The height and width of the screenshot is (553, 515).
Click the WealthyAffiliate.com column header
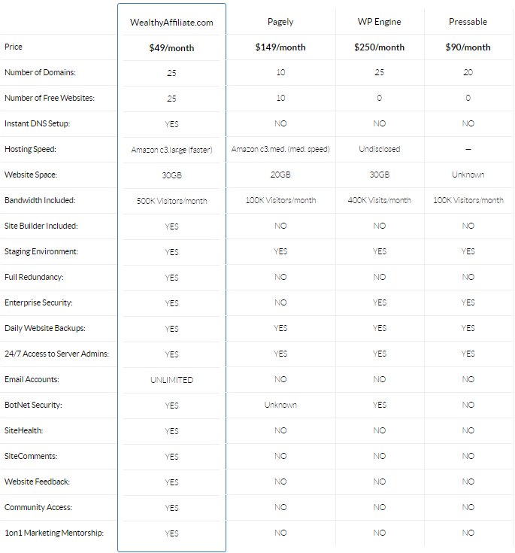pos(171,23)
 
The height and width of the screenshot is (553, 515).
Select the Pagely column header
pos(280,23)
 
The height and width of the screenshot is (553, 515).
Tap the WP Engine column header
pos(380,23)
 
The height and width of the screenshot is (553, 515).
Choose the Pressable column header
pos(468,23)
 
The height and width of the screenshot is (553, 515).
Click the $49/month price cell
pos(171,47)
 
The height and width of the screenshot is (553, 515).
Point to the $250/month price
pos(380,47)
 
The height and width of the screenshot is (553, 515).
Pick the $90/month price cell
pos(468,47)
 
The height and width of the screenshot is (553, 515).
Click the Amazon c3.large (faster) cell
pos(171,150)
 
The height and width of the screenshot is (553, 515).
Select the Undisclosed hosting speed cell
pos(380,150)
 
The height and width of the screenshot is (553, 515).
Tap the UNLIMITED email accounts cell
pos(171,380)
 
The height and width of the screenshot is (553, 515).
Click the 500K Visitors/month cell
pos(171,201)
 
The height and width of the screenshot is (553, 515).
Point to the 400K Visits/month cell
pos(380,201)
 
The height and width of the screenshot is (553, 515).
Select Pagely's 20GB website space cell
pos(280,175)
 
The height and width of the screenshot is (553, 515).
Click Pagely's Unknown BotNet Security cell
pos(280,406)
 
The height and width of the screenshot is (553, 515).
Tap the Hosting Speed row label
pos(30,150)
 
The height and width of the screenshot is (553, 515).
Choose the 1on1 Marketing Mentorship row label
pos(53,533)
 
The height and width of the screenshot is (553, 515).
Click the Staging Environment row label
pos(41,252)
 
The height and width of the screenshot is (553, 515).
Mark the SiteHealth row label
pos(24,431)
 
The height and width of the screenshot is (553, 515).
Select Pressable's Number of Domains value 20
pos(468,74)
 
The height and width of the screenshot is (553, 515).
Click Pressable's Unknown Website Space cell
pos(468,175)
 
